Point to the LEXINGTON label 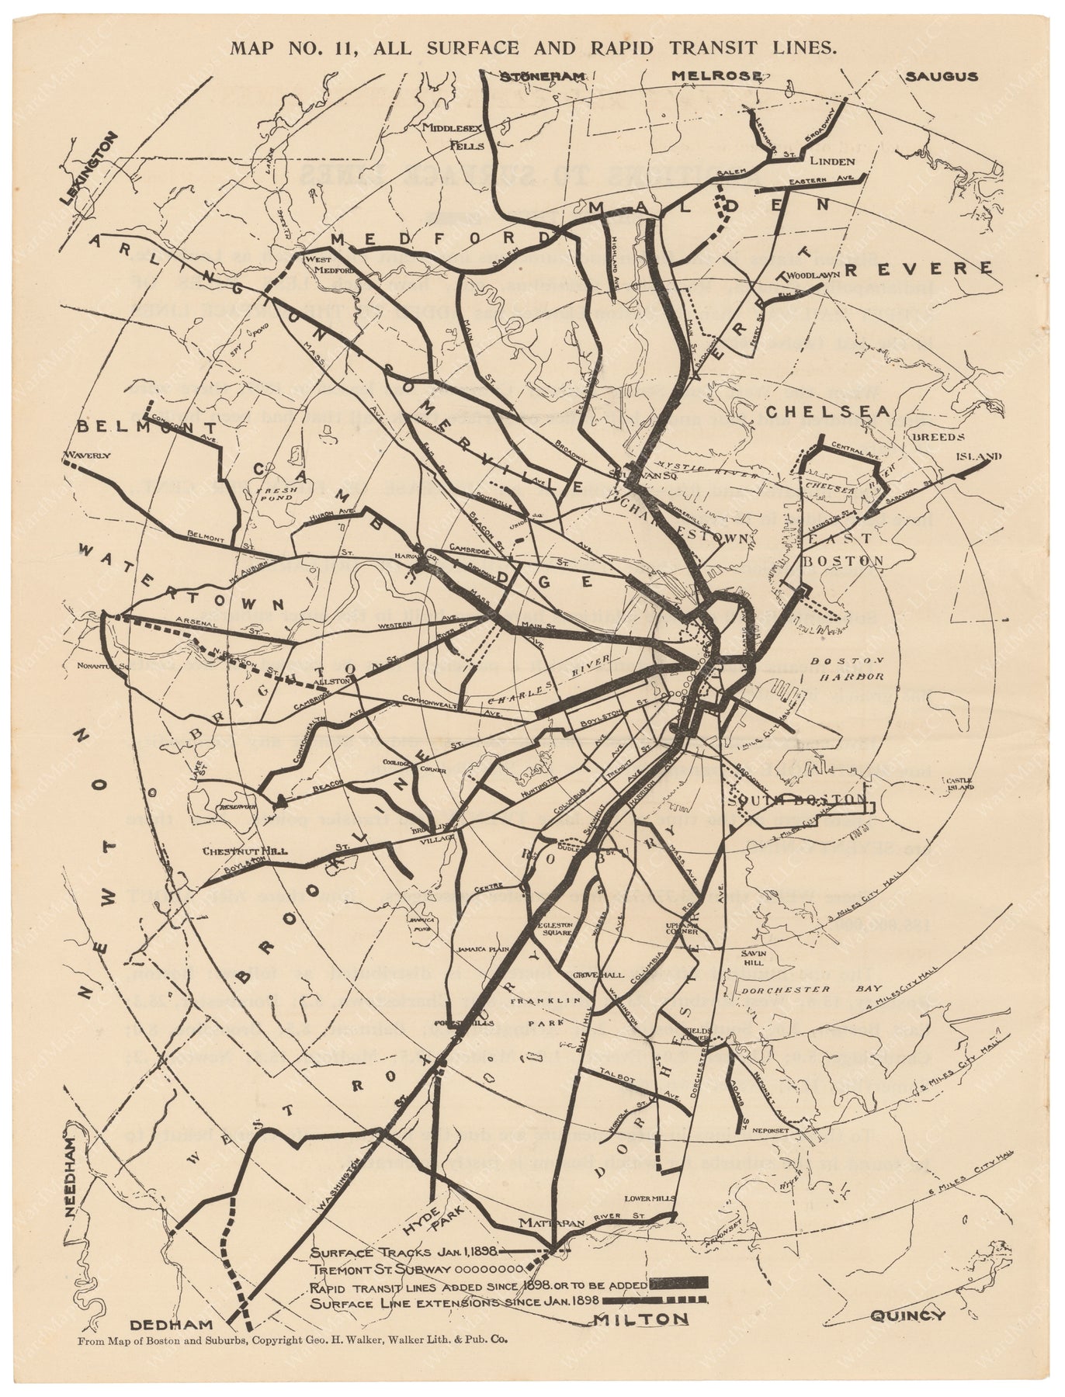[91, 169]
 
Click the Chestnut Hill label [234, 851]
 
